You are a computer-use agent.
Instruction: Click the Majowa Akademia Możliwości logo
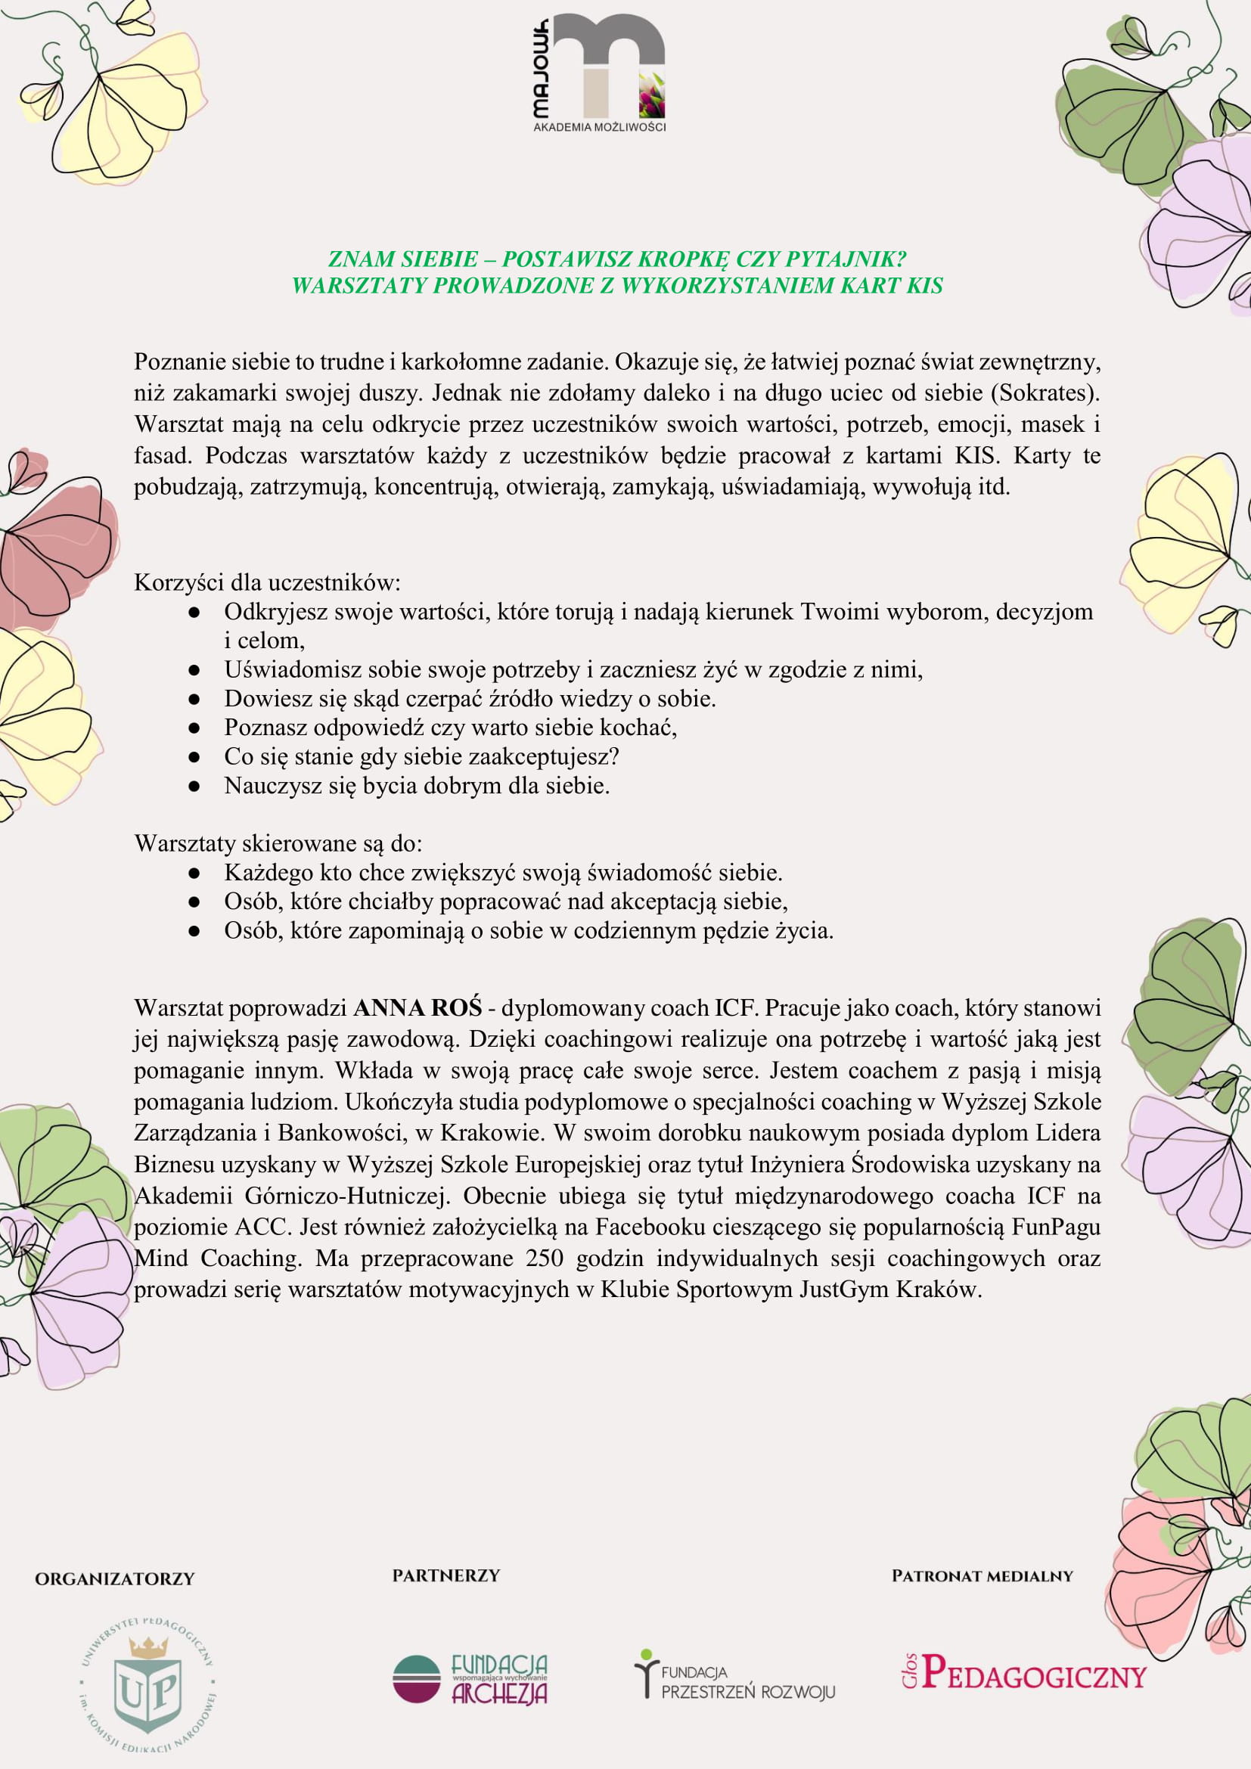[x=599, y=73]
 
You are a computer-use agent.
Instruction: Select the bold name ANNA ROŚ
[x=418, y=1007]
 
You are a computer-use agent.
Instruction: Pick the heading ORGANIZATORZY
[x=115, y=1579]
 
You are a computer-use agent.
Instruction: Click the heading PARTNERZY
[x=446, y=1576]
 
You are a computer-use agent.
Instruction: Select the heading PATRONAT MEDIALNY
[x=982, y=1576]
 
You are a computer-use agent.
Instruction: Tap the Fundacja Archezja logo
[x=470, y=1681]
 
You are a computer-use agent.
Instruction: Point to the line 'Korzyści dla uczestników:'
[x=267, y=582]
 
